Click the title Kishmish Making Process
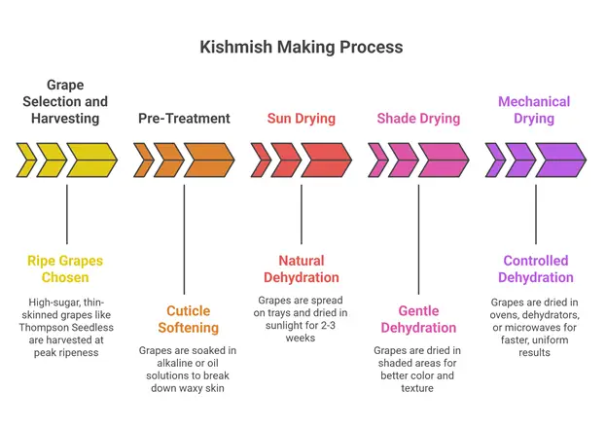tap(302, 47)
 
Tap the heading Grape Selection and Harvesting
tap(66, 101)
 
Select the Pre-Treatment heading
tap(184, 119)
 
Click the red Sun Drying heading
tap(301, 119)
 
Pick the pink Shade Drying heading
tap(418, 119)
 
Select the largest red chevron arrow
tap(326, 160)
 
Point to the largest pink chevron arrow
tap(444, 160)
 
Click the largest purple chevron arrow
tap(560, 160)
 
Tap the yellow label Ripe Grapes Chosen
tap(65, 269)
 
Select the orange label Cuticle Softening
tap(184, 320)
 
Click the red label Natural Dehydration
tap(301, 269)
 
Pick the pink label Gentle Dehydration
tap(418, 320)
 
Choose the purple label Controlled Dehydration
tap(537, 269)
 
